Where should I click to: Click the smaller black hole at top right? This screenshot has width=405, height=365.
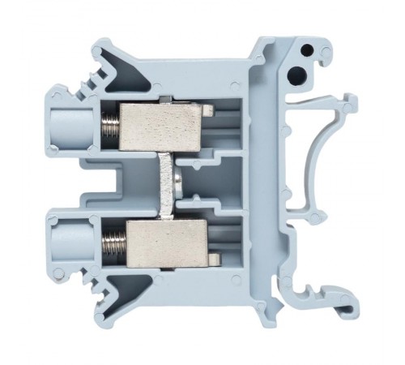tap(307, 51)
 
